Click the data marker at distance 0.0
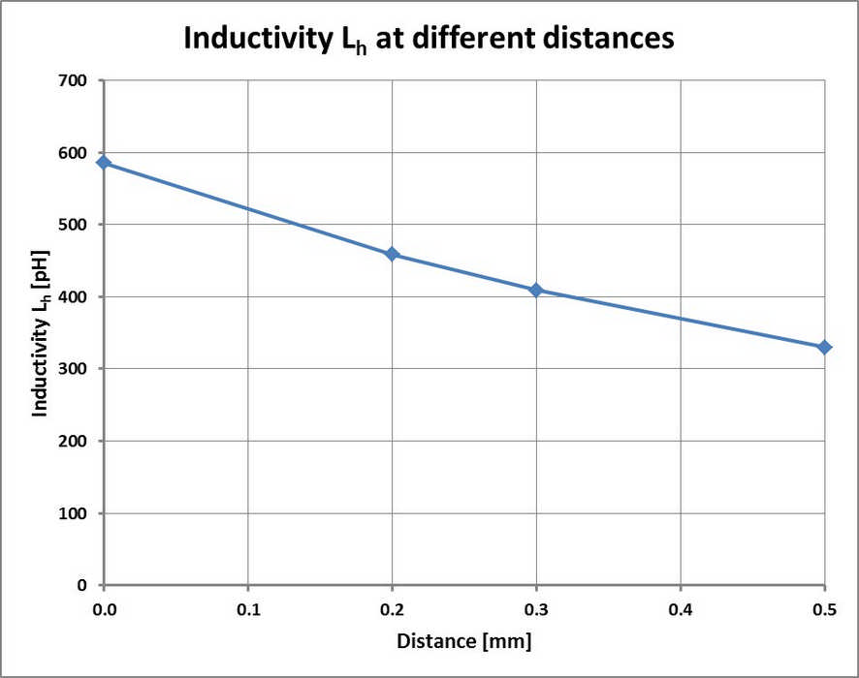(104, 163)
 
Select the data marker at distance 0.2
(392, 255)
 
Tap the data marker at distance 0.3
(536, 290)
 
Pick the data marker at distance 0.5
(824, 347)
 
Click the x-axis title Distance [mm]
(463, 641)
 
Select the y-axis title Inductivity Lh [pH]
(42, 332)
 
